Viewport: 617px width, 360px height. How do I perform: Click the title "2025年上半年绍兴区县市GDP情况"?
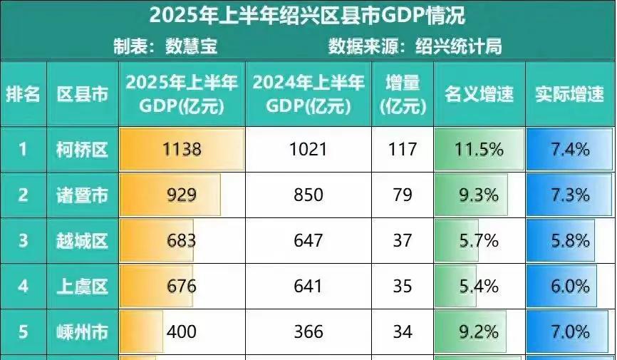point(308,15)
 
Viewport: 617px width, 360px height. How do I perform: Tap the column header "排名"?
point(23,94)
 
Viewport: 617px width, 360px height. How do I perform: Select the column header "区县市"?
point(82,94)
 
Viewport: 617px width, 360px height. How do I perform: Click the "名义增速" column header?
point(479,94)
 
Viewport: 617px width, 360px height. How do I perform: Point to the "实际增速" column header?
point(569,94)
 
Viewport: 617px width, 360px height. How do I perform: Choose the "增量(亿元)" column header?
point(403,94)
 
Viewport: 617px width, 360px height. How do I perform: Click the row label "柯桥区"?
point(82,150)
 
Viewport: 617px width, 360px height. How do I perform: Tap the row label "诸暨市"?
point(82,195)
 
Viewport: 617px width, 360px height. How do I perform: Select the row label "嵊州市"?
point(82,331)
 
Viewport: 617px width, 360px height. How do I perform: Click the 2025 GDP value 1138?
point(182,150)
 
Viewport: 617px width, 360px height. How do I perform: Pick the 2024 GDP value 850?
point(308,195)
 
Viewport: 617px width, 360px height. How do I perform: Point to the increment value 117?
point(403,150)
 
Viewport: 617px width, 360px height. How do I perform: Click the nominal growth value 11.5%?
point(479,150)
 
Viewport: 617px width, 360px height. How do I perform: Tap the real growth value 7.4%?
point(570,150)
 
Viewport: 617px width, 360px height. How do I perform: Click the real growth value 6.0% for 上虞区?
point(570,287)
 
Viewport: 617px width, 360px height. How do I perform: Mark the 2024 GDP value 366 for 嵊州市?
point(308,331)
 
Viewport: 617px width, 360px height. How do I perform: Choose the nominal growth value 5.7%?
point(479,241)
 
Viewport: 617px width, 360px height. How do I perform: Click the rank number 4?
point(23,287)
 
